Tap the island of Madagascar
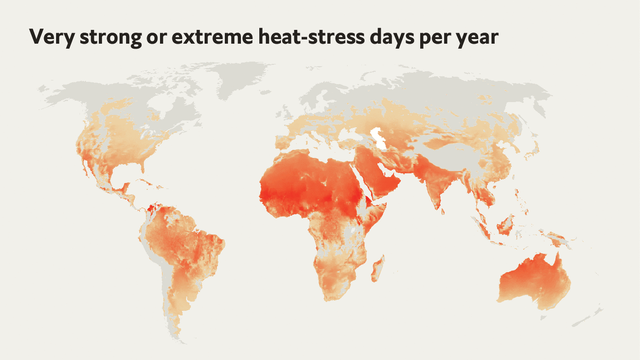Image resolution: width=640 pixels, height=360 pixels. point(378,267)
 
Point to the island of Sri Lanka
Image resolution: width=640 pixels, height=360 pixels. point(443,210)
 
